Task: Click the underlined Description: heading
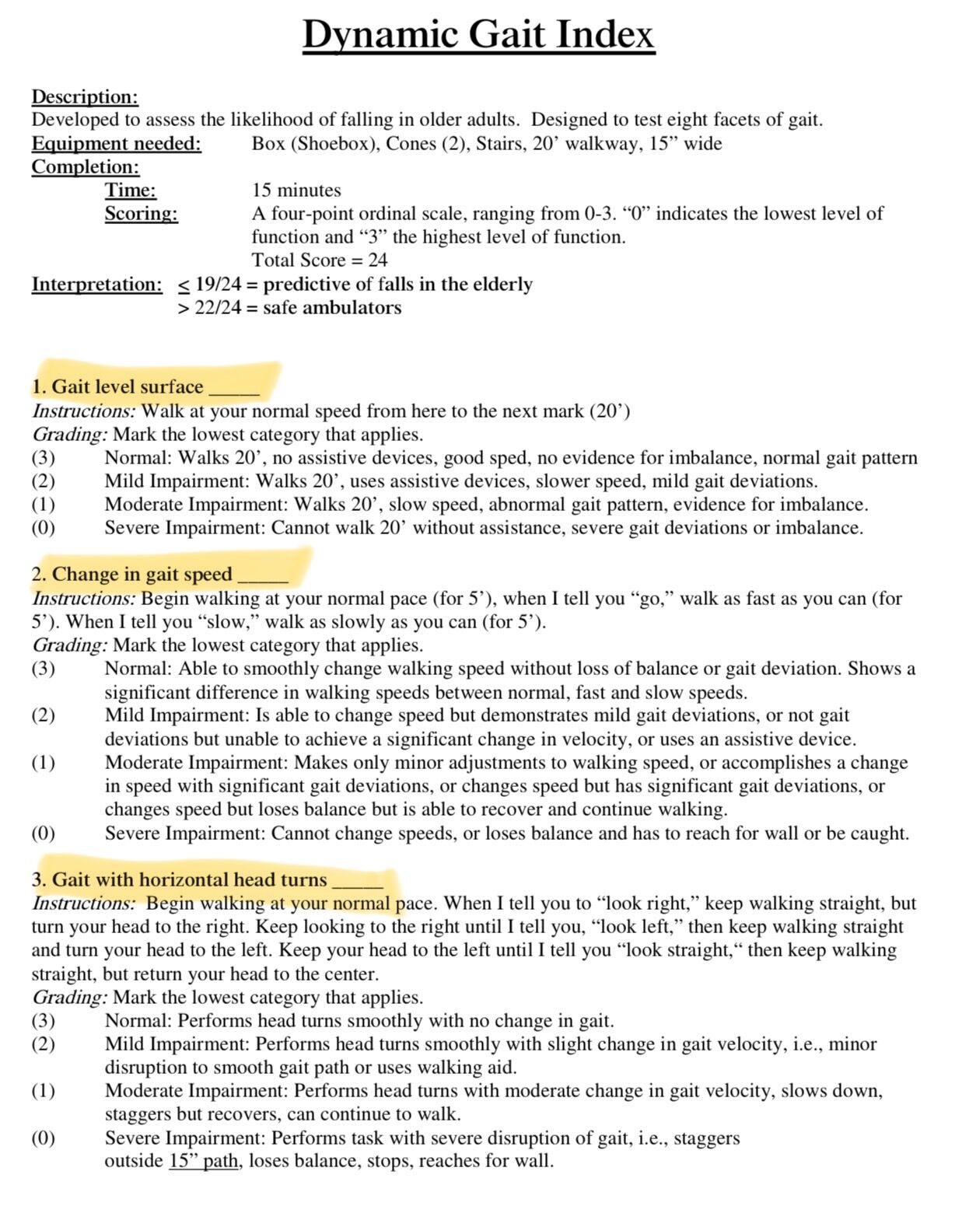85,97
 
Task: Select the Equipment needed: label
116,144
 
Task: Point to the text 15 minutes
296,191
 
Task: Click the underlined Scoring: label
141,214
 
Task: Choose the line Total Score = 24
319,260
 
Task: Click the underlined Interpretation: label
96,285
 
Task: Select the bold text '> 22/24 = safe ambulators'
289,308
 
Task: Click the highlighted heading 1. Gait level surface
117,386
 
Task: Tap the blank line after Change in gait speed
263,576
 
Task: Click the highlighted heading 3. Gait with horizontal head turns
179,879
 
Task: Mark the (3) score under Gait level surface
44,458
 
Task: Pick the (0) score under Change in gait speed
44,834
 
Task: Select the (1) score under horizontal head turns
44,1091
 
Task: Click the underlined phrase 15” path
203,1162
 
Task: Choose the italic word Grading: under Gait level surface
70,435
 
